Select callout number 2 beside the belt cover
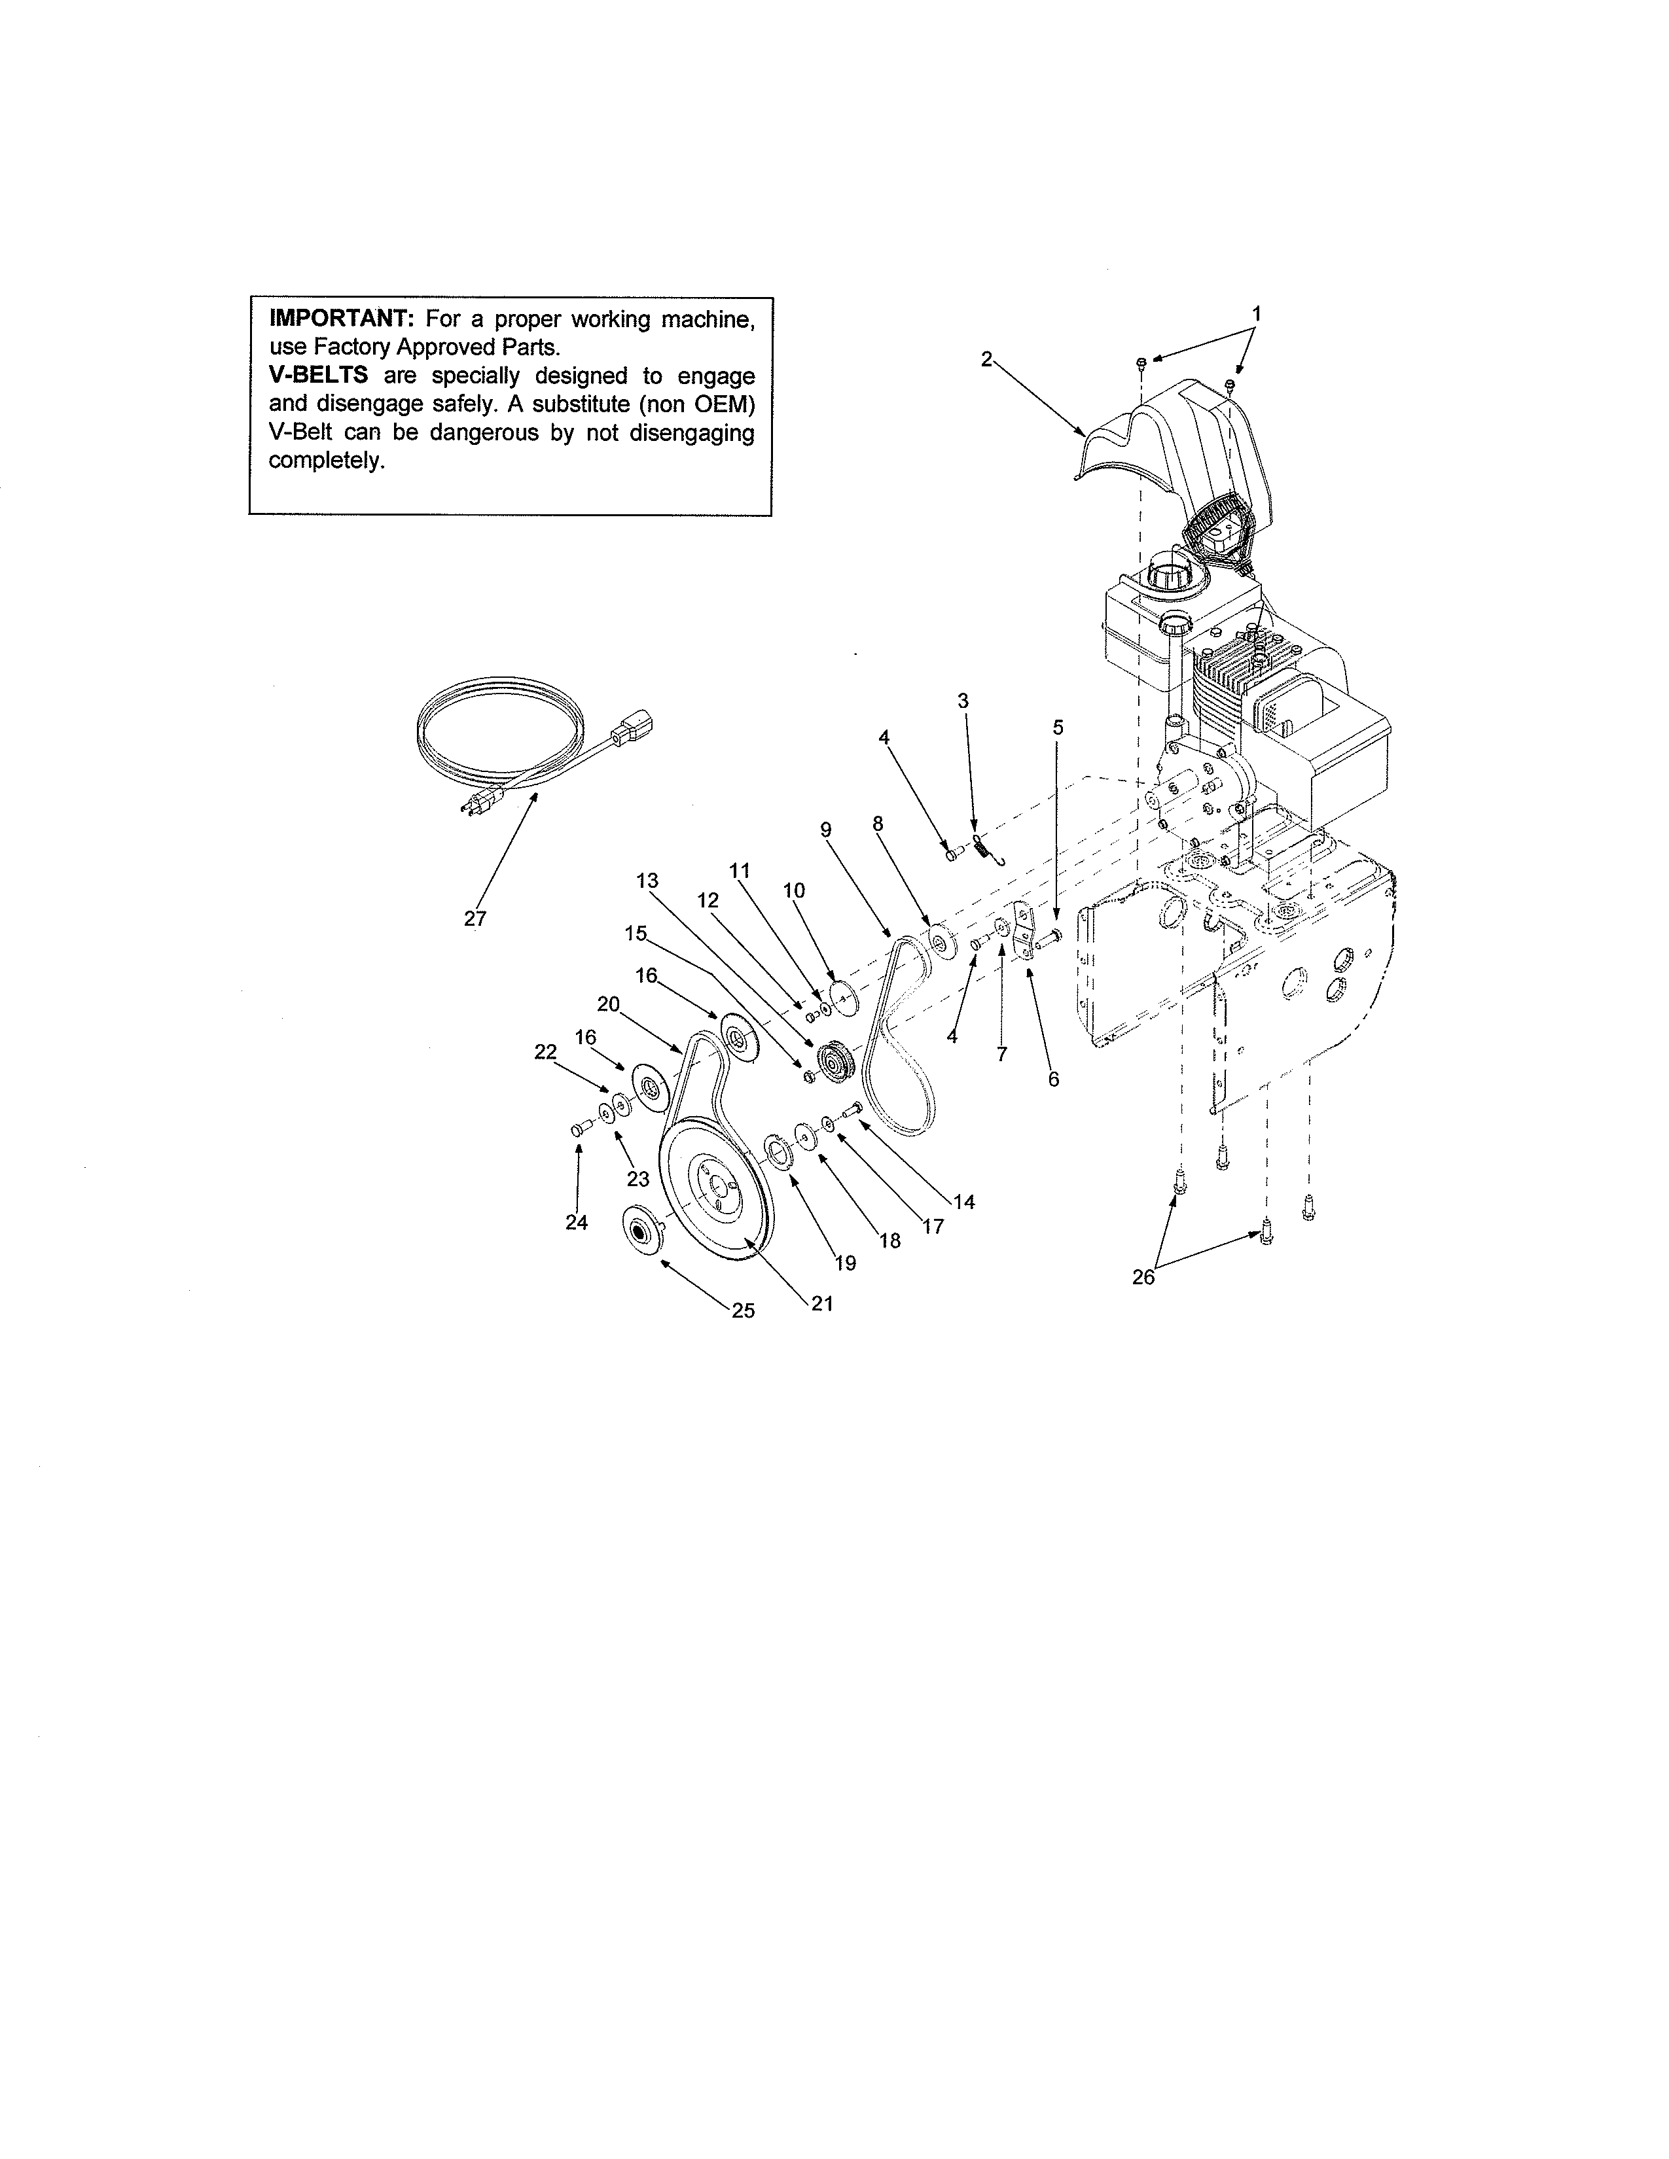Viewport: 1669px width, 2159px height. pos(986,360)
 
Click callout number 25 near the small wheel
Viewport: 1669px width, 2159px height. pos(743,1311)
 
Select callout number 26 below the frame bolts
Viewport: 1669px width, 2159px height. pos(1142,1277)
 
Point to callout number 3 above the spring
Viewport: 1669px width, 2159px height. pos(962,701)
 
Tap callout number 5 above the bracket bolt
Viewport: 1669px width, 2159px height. pos(1057,728)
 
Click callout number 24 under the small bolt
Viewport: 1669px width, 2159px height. pos(577,1223)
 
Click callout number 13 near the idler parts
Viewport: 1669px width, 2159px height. pos(647,880)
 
